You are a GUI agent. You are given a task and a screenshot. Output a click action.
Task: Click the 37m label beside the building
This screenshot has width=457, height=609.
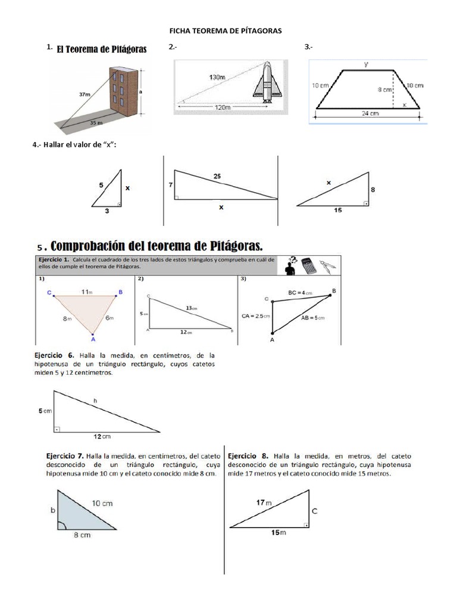[84, 94]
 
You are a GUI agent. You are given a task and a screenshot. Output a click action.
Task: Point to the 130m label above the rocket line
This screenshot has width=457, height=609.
[218, 77]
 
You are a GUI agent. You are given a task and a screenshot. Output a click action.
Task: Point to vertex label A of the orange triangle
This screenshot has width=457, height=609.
[93, 340]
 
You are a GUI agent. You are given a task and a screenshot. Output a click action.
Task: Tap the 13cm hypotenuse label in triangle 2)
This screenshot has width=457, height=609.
[192, 308]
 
